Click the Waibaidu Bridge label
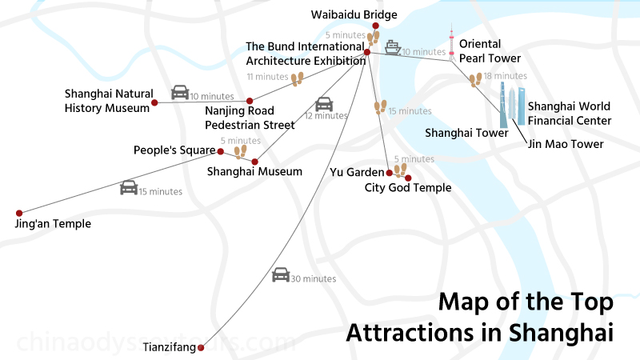(354, 14)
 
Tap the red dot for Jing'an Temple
(19, 213)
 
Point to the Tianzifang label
(169, 347)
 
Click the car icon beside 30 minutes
(280, 274)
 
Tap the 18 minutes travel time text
(500, 76)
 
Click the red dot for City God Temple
(408, 178)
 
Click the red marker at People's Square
(221, 150)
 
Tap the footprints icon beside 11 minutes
(298, 78)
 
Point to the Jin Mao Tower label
(564, 144)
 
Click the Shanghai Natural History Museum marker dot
(154, 102)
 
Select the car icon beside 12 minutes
(324, 104)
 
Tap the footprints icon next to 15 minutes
(381, 107)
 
